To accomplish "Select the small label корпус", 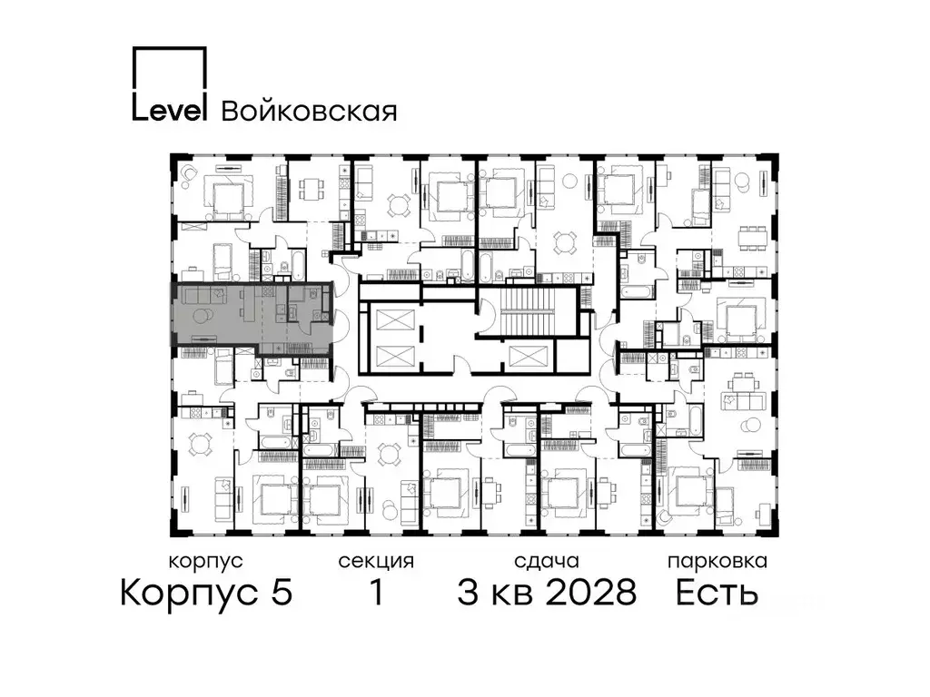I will (206, 561).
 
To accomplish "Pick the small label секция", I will (376, 561).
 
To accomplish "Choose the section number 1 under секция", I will (375, 594).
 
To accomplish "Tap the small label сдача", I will (545, 561).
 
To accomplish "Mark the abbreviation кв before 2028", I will (510, 594).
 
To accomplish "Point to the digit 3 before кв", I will (469, 594).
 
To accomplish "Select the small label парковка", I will (717, 561).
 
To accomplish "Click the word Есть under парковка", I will (717, 594).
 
